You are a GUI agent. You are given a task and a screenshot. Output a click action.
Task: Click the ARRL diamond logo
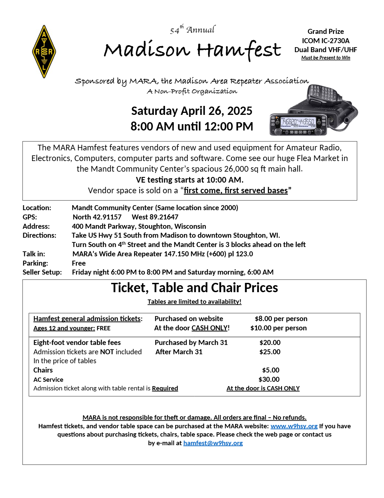pyautogui.click(x=44, y=52)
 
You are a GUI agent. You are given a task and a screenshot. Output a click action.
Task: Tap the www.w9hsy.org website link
pyautogui.click(x=294, y=426)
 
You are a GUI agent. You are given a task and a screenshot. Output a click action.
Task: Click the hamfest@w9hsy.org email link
pyautogui.click(x=213, y=443)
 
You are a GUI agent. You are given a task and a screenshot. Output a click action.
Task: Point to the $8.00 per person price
pyautogui.click(x=281, y=319)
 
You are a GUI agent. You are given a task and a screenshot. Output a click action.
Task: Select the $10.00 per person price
pyautogui.click(x=278, y=328)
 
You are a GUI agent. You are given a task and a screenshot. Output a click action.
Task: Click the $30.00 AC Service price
pyautogui.click(x=269, y=379)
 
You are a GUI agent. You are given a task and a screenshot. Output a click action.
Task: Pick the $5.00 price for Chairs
pyautogui.click(x=271, y=370)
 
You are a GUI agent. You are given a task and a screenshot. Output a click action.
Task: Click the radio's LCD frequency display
pyautogui.click(x=298, y=122)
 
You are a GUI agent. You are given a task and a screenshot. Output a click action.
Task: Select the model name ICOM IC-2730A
pyautogui.click(x=326, y=41)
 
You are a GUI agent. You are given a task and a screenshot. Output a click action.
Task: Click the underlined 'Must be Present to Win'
pyautogui.click(x=326, y=58)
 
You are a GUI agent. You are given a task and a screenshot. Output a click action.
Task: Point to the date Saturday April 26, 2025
pyautogui.click(x=192, y=111)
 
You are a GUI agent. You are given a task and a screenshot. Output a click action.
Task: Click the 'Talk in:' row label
pyautogui.click(x=34, y=254)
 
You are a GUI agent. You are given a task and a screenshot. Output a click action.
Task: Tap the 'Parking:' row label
pyautogui.click(x=35, y=263)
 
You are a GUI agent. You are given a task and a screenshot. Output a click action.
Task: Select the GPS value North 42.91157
pyautogui.click(x=97, y=217)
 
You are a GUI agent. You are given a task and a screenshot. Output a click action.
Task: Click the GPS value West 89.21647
pyautogui.click(x=155, y=217)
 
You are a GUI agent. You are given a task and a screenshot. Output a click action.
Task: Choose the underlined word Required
pyautogui.click(x=165, y=388)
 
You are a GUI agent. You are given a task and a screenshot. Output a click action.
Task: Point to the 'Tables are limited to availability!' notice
pyautogui.click(x=194, y=301)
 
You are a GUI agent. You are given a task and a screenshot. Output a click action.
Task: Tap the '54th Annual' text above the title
pyautogui.click(x=192, y=30)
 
